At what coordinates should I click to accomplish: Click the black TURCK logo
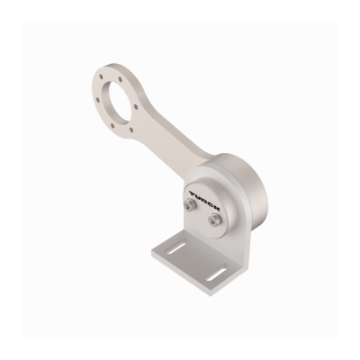(x=205, y=201)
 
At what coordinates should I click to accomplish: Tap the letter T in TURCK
(x=193, y=193)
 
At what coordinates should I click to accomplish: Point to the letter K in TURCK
(x=217, y=209)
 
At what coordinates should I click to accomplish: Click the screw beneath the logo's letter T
(x=188, y=205)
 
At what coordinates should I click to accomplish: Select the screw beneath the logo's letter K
(x=214, y=217)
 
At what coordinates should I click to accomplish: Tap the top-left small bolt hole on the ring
(x=102, y=76)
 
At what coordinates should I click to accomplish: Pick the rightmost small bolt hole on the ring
(x=135, y=106)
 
